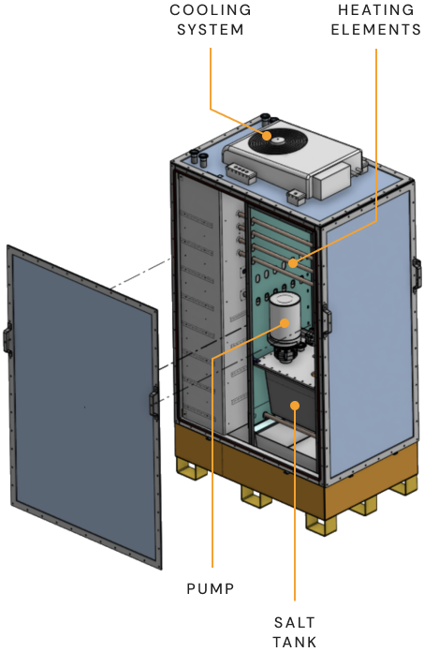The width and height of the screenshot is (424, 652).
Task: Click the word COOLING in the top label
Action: (211, 10)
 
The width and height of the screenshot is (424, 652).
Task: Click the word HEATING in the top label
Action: (376, 10)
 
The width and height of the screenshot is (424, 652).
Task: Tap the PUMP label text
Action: (211, 589)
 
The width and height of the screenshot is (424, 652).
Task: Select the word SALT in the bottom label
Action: (295, 622)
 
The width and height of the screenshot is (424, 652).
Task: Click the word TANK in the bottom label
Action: (295, 642)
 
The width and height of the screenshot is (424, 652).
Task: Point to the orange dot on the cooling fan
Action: (267, 136)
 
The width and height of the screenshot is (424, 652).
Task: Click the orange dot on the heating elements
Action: (293, 263)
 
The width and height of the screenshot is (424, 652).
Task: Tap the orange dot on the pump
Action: (285, 323)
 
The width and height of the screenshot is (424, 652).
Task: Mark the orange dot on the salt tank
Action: (295, 405)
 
